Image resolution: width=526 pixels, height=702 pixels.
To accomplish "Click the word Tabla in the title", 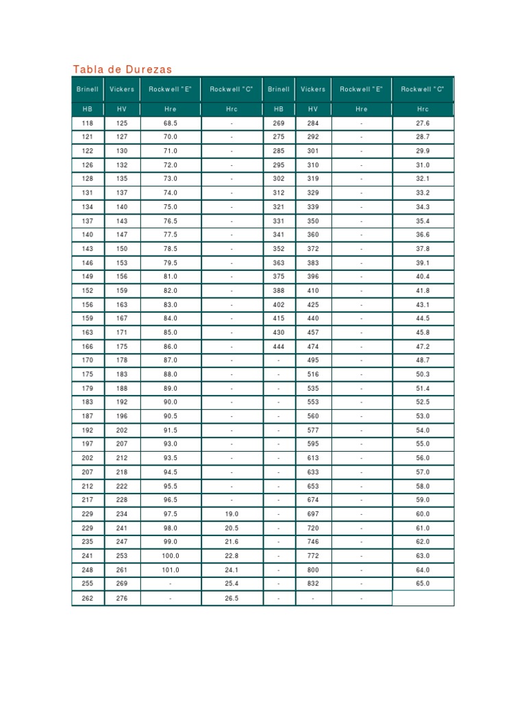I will pyautogui.click(x=87, y=69).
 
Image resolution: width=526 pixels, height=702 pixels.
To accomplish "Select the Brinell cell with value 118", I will pyautogui.click(x=88, y=123).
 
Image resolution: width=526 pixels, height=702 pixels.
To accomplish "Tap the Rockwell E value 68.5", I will pyautogui.click(x=171, y=123).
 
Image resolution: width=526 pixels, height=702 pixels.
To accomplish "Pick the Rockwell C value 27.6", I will pyautogui.click(x=423, y=123).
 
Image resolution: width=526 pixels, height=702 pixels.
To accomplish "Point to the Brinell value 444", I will pyautogui.click(x=279, y=347).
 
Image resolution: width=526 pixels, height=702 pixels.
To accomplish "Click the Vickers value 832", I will pyautogui.click(x=313, y=583).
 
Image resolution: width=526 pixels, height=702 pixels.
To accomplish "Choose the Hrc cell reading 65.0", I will pyautogui.click(x=423, y=583).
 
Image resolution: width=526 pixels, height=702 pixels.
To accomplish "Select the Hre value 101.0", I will pyautogui.click(x=171, y=570).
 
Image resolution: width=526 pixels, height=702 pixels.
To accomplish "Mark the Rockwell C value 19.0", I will pyautogui.click(x=231, y=514).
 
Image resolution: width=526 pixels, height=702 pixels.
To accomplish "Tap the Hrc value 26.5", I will pyautogui.click(x=231, y=598).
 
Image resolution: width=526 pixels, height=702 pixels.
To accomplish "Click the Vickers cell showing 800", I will pyautogui.click(x=313, y=570).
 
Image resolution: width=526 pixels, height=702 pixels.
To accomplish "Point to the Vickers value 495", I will pyautogui.click(x=313, y=361).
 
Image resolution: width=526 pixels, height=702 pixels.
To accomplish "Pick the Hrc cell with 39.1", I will pyautogui.click(x=423, y=263).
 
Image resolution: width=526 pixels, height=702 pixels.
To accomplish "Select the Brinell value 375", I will pyautogui.click(x=279, y=277).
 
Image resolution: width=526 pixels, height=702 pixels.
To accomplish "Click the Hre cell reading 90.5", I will pyautogui.click(x=171, y=416).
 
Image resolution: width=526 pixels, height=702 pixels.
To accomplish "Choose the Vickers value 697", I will pyautogui.click(x=313, y=514).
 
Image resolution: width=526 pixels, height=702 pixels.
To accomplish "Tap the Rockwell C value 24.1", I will pyautogui.click(x=231, y=570).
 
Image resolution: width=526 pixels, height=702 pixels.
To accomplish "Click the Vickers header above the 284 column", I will pyautogui.click(x=313, y=89).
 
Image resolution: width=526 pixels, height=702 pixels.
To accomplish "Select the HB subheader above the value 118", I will pyautogui.click(x=88, y=109).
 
